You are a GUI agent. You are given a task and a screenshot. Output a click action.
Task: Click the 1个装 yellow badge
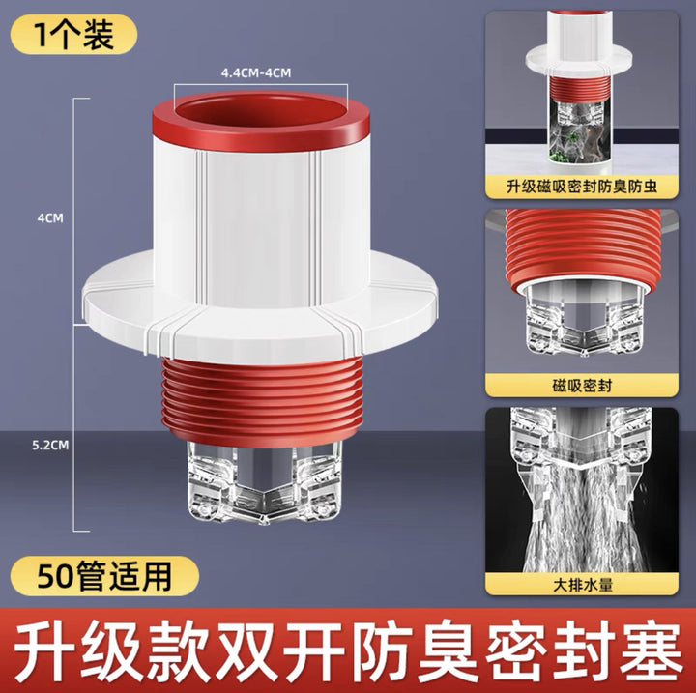click(73, 35)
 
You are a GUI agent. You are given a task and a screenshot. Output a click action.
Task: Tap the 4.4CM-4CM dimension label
click(256, 72)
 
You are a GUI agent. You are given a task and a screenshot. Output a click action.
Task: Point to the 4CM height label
click(50, 218)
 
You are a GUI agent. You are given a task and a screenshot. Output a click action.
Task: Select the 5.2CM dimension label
click(50, 445)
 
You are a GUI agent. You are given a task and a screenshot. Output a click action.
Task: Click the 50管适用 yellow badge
click(104, 576)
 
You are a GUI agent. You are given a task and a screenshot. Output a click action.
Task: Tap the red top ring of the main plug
click(261, 121)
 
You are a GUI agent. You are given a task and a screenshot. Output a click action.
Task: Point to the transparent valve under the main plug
click(264, 483)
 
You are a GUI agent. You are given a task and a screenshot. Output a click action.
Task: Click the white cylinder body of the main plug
click(262, 222)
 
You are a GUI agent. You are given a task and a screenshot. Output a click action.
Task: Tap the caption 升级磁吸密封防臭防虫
click(582, 187)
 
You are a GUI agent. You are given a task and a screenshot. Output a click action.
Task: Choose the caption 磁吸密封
click(582, 386)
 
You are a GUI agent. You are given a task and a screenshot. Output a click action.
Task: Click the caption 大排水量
click(582, 584)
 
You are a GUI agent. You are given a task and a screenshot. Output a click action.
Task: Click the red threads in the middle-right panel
click(580, 248)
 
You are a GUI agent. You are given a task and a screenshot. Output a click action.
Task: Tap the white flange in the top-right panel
click(578, 58)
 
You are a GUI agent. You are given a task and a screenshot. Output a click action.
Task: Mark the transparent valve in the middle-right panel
click(584, 320)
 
